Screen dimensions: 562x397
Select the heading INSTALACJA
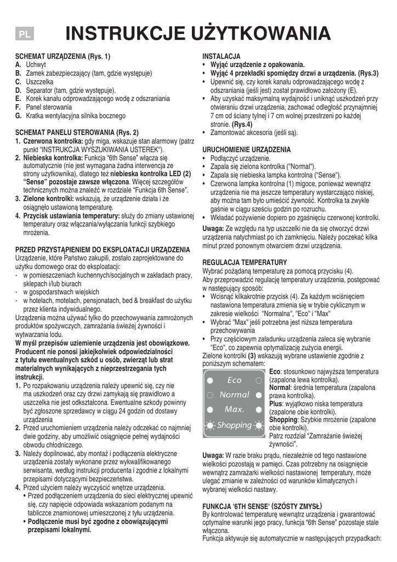coord(222,57)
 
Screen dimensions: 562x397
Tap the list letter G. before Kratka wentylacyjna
coord(19,116)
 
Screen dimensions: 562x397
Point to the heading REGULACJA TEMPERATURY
coord(245,263)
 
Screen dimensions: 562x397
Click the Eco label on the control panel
coord(234,380)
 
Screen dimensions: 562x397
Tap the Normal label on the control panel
coord(234,395)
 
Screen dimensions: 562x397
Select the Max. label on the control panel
coord(234,409)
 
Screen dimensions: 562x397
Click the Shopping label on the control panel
coord(235,425)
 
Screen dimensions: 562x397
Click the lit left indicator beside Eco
coord(209,380)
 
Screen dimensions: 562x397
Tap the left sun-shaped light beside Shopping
coord(209,425)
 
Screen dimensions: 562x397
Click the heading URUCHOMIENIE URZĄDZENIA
coord(247,149)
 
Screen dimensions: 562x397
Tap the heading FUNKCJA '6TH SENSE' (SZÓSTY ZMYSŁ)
coord(262,506)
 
